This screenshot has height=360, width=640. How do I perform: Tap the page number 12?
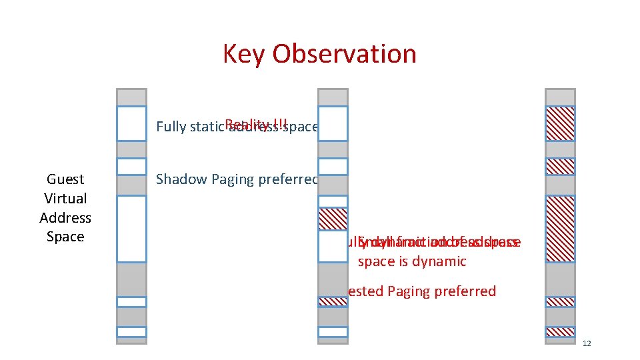pyautogui.click(x=587, y=343)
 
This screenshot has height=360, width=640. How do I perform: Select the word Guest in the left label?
pyautogui.click(x=65, y=179)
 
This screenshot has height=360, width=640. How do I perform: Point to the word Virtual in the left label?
pyautogui.click(x=65, y=199)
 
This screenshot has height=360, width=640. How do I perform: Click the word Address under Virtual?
pyautogui.click(x=65, y=218)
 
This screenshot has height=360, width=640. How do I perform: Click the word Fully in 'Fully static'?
pyautogui.click(x=170, y=127)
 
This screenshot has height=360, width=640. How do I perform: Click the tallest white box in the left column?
pyautogui.click(x=131, y=229)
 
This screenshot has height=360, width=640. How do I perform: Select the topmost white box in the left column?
pyautogui.click(x=131, y=123)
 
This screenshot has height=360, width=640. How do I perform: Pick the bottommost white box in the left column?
pyautogui.click(x=131, y=331)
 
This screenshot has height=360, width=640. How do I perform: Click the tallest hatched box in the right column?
pyautogui.click(x=560, y=229)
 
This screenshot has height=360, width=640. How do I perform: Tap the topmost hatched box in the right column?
pyautogui.click(x=560, y=123)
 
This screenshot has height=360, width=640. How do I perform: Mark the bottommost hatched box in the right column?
pyautogui.click(x=560, y=331)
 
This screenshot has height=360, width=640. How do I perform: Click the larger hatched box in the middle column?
pyautogui.click(x=333, y=219)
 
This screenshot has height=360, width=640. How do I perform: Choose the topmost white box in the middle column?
pyautogui.click(x=333, y=123)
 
